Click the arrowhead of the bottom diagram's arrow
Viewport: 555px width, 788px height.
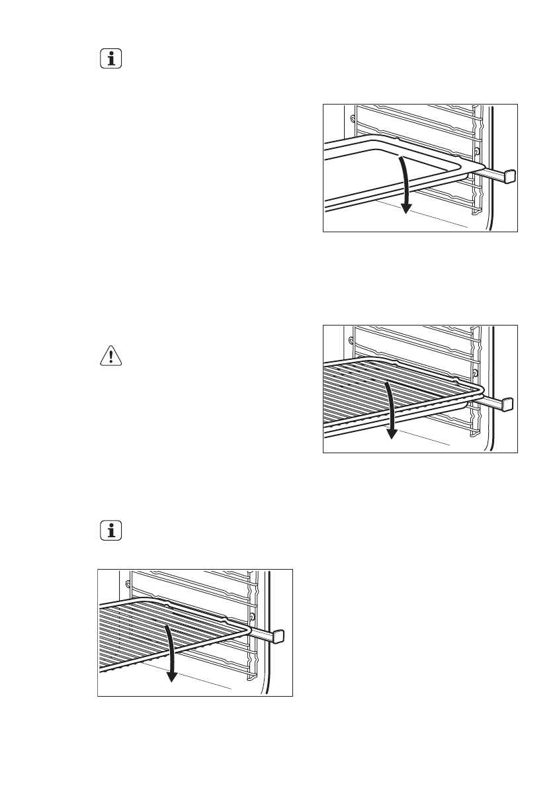coord(172,676)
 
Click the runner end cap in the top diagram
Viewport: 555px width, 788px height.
coord(510,176)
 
